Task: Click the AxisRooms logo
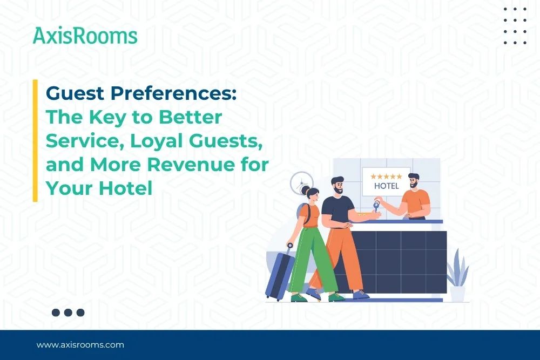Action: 85,36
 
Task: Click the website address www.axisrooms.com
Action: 80,344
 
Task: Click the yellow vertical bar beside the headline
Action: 35,141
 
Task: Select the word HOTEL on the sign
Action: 387,186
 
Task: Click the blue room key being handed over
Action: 377,206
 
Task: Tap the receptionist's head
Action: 414,181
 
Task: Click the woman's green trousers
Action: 313,259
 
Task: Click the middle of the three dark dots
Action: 68,312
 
